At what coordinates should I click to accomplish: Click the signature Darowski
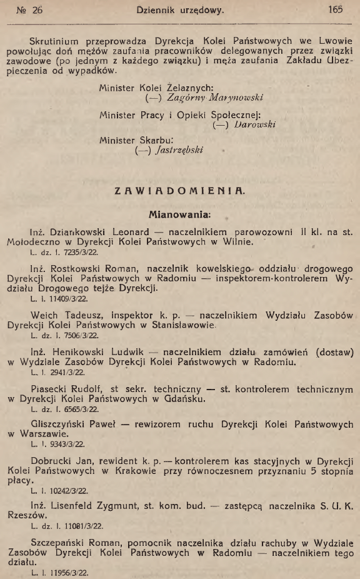[x=255, y=124]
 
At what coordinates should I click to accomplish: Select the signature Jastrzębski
[x=176, y=150]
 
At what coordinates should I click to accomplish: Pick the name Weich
[x=44, y=315]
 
